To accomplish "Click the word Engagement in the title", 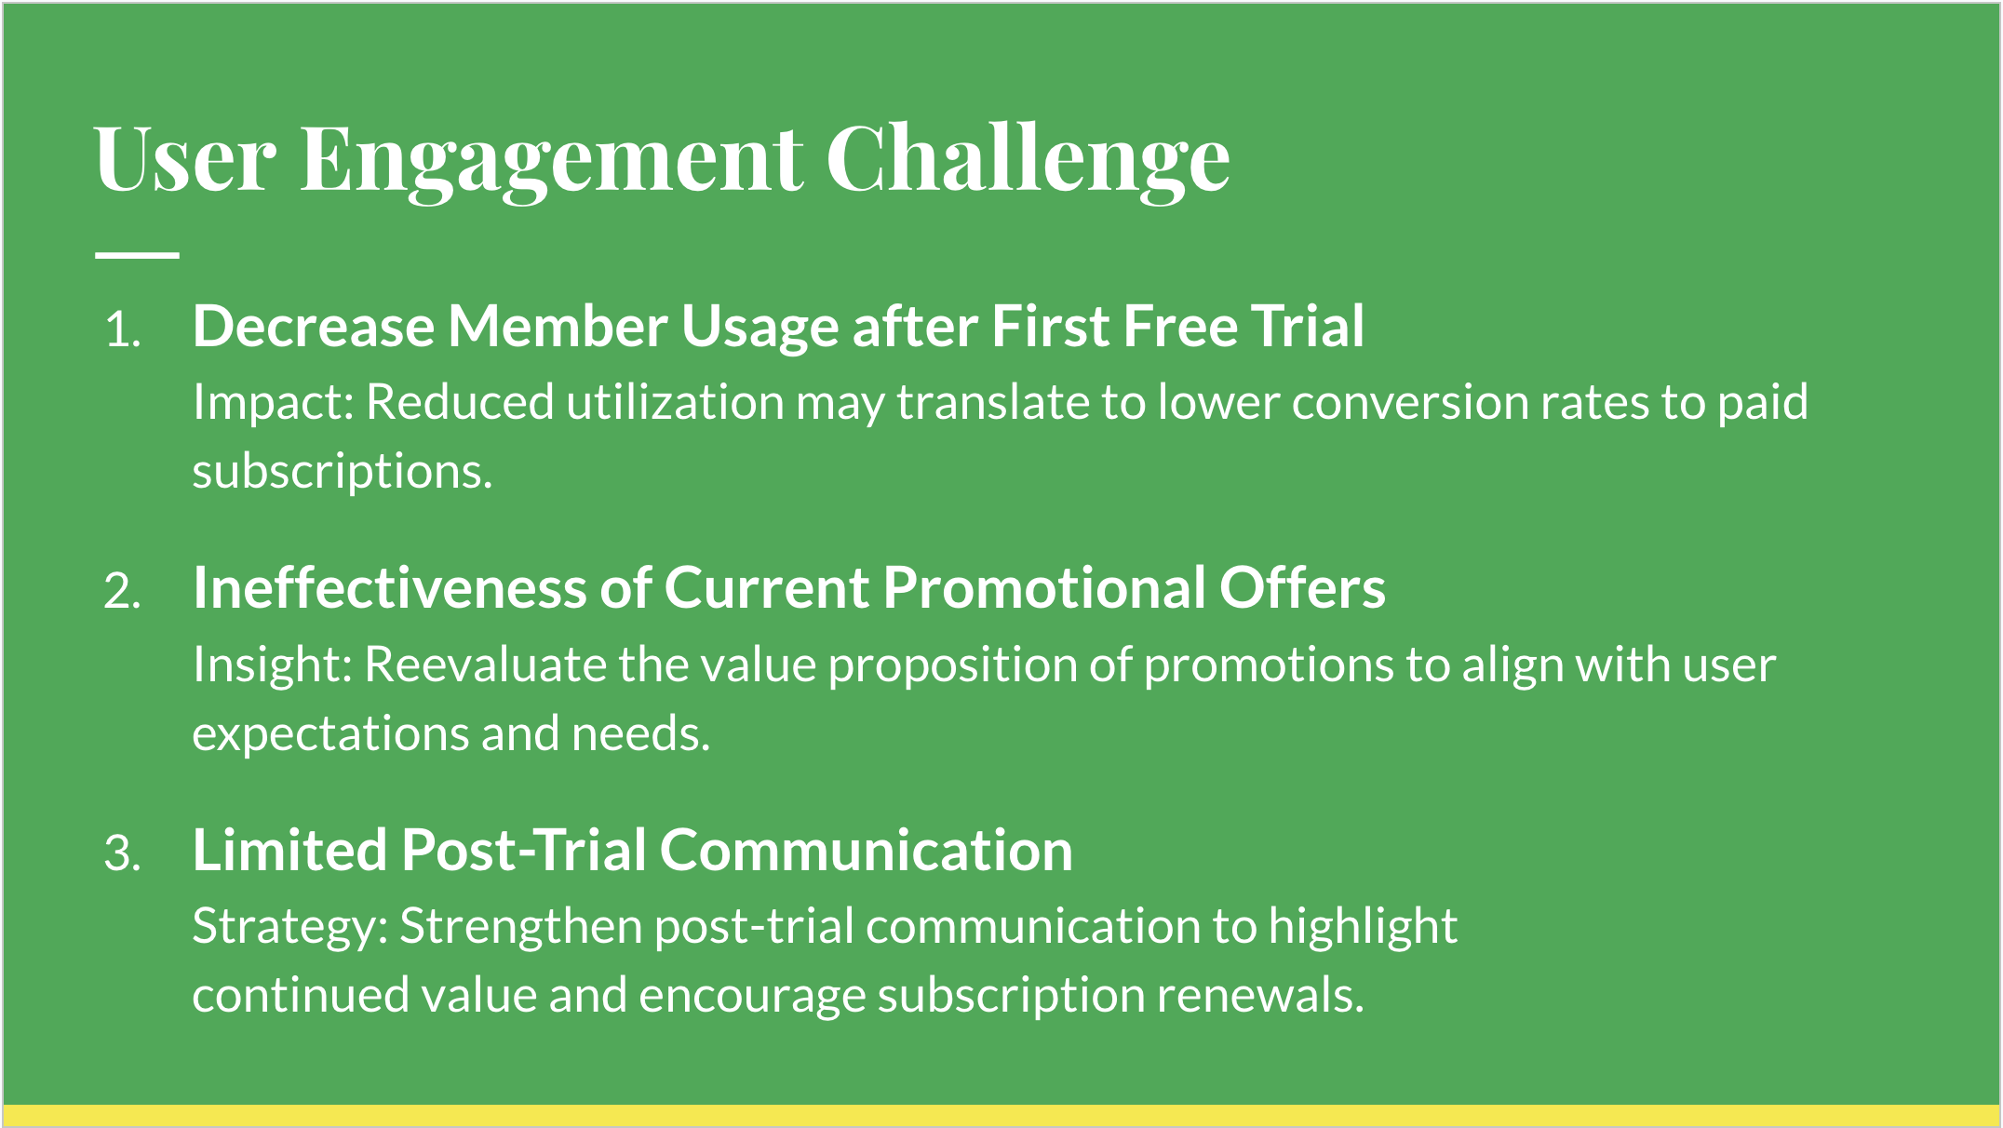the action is coord(551,160).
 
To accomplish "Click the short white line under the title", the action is coord(137,254).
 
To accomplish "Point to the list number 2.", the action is coord(123,592).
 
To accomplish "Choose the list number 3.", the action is coord(123,853).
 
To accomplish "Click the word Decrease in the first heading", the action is coord(314,327).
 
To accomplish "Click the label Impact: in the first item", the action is coord(273,403).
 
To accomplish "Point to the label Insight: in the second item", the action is coord(273,665).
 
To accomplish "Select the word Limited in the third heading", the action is coord(289,851).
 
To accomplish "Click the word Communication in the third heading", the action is coord(866,851).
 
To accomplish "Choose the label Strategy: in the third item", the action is coord(290,927).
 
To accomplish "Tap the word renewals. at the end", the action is coord(1260,996).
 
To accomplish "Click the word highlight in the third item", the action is coord(1363,927).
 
